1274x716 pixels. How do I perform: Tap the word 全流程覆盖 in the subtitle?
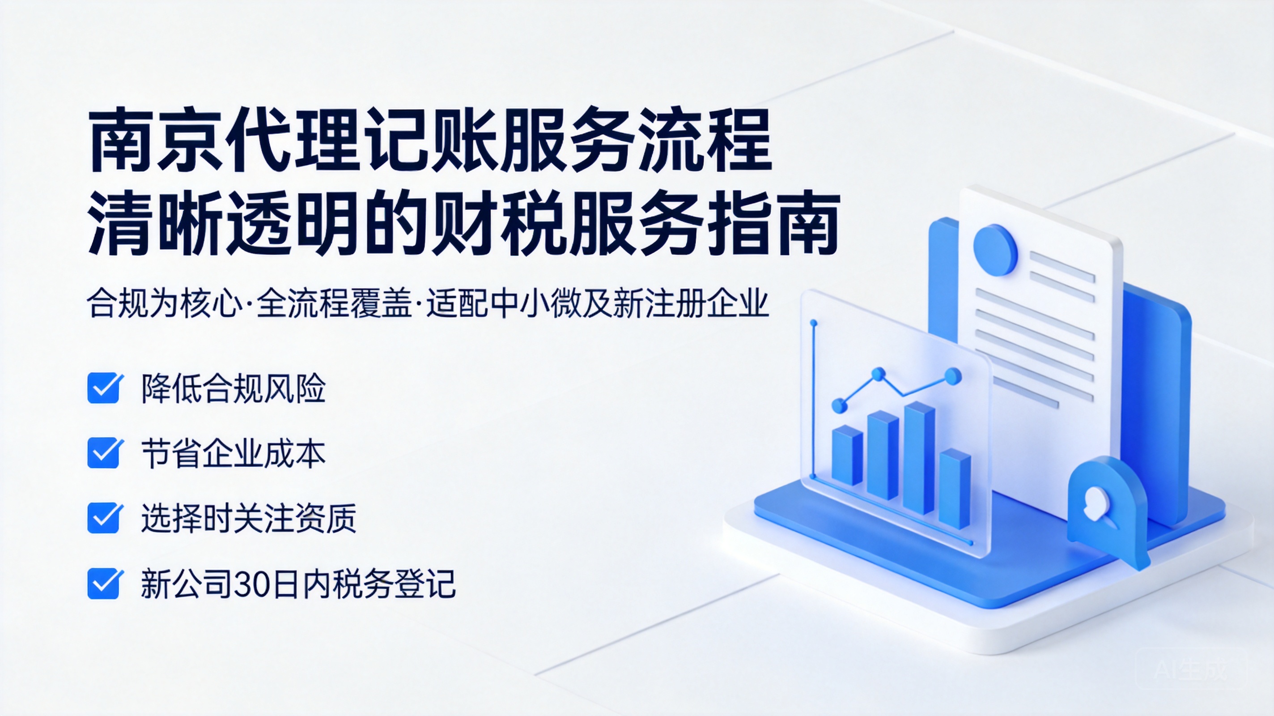334,303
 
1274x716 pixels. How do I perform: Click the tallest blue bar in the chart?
919,458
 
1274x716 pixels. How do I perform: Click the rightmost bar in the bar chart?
955,489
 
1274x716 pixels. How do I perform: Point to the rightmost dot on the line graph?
953,376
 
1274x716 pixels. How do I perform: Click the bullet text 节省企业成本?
234,454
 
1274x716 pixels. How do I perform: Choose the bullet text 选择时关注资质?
249,519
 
